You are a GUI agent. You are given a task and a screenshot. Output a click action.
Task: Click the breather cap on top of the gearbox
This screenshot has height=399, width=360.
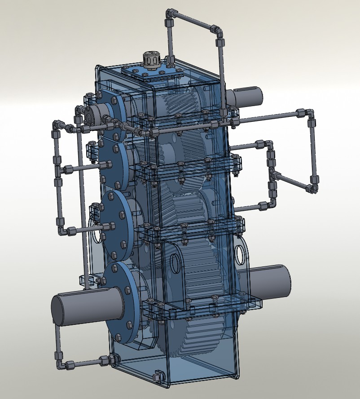[x=151, y=59]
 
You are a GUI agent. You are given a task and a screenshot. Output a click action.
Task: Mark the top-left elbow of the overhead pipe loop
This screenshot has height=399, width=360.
[x=170, y=14]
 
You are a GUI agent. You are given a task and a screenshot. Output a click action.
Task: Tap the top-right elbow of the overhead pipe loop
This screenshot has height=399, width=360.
[x=218, y=30]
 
